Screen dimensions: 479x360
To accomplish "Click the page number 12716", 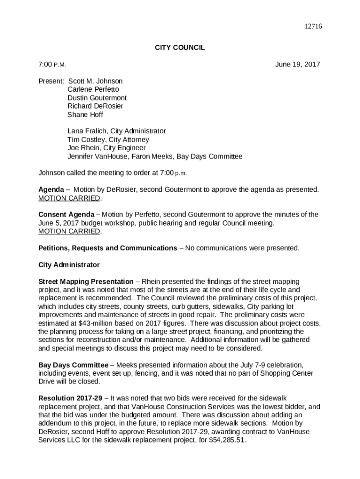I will point(313,27).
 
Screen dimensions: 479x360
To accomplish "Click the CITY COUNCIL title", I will point(180,48).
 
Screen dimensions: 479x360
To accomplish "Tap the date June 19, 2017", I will point(297,65).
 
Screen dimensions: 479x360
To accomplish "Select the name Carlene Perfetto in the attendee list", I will point(93,89).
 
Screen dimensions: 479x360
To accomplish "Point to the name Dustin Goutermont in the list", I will point(97,98).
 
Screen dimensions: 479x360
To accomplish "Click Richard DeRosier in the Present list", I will point(95,106).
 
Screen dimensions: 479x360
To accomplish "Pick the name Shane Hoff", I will point(85,115).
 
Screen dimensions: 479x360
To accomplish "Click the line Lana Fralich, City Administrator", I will point(116,131).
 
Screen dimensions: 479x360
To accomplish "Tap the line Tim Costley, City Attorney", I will point(108,140).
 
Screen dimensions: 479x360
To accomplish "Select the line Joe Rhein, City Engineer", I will point(106,148).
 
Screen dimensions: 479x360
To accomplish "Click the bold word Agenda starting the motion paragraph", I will point(51,190).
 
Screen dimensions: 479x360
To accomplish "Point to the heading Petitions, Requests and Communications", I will point(108,248).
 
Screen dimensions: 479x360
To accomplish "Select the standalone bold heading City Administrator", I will point(69,265).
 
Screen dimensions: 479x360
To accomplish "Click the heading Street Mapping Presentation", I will point(86,282).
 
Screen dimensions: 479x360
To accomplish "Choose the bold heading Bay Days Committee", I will point(73,365).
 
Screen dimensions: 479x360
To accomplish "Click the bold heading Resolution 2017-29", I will point(70,398).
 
